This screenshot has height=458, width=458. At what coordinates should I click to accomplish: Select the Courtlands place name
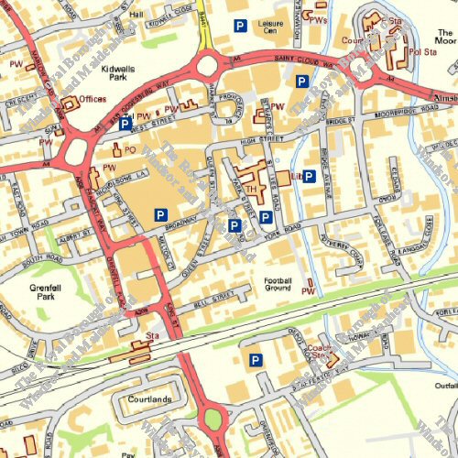149,399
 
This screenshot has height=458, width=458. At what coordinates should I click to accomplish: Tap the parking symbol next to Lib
310,176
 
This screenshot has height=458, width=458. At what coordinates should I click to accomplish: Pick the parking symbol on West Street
125,121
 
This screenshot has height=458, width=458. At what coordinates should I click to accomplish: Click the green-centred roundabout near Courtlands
213,420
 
